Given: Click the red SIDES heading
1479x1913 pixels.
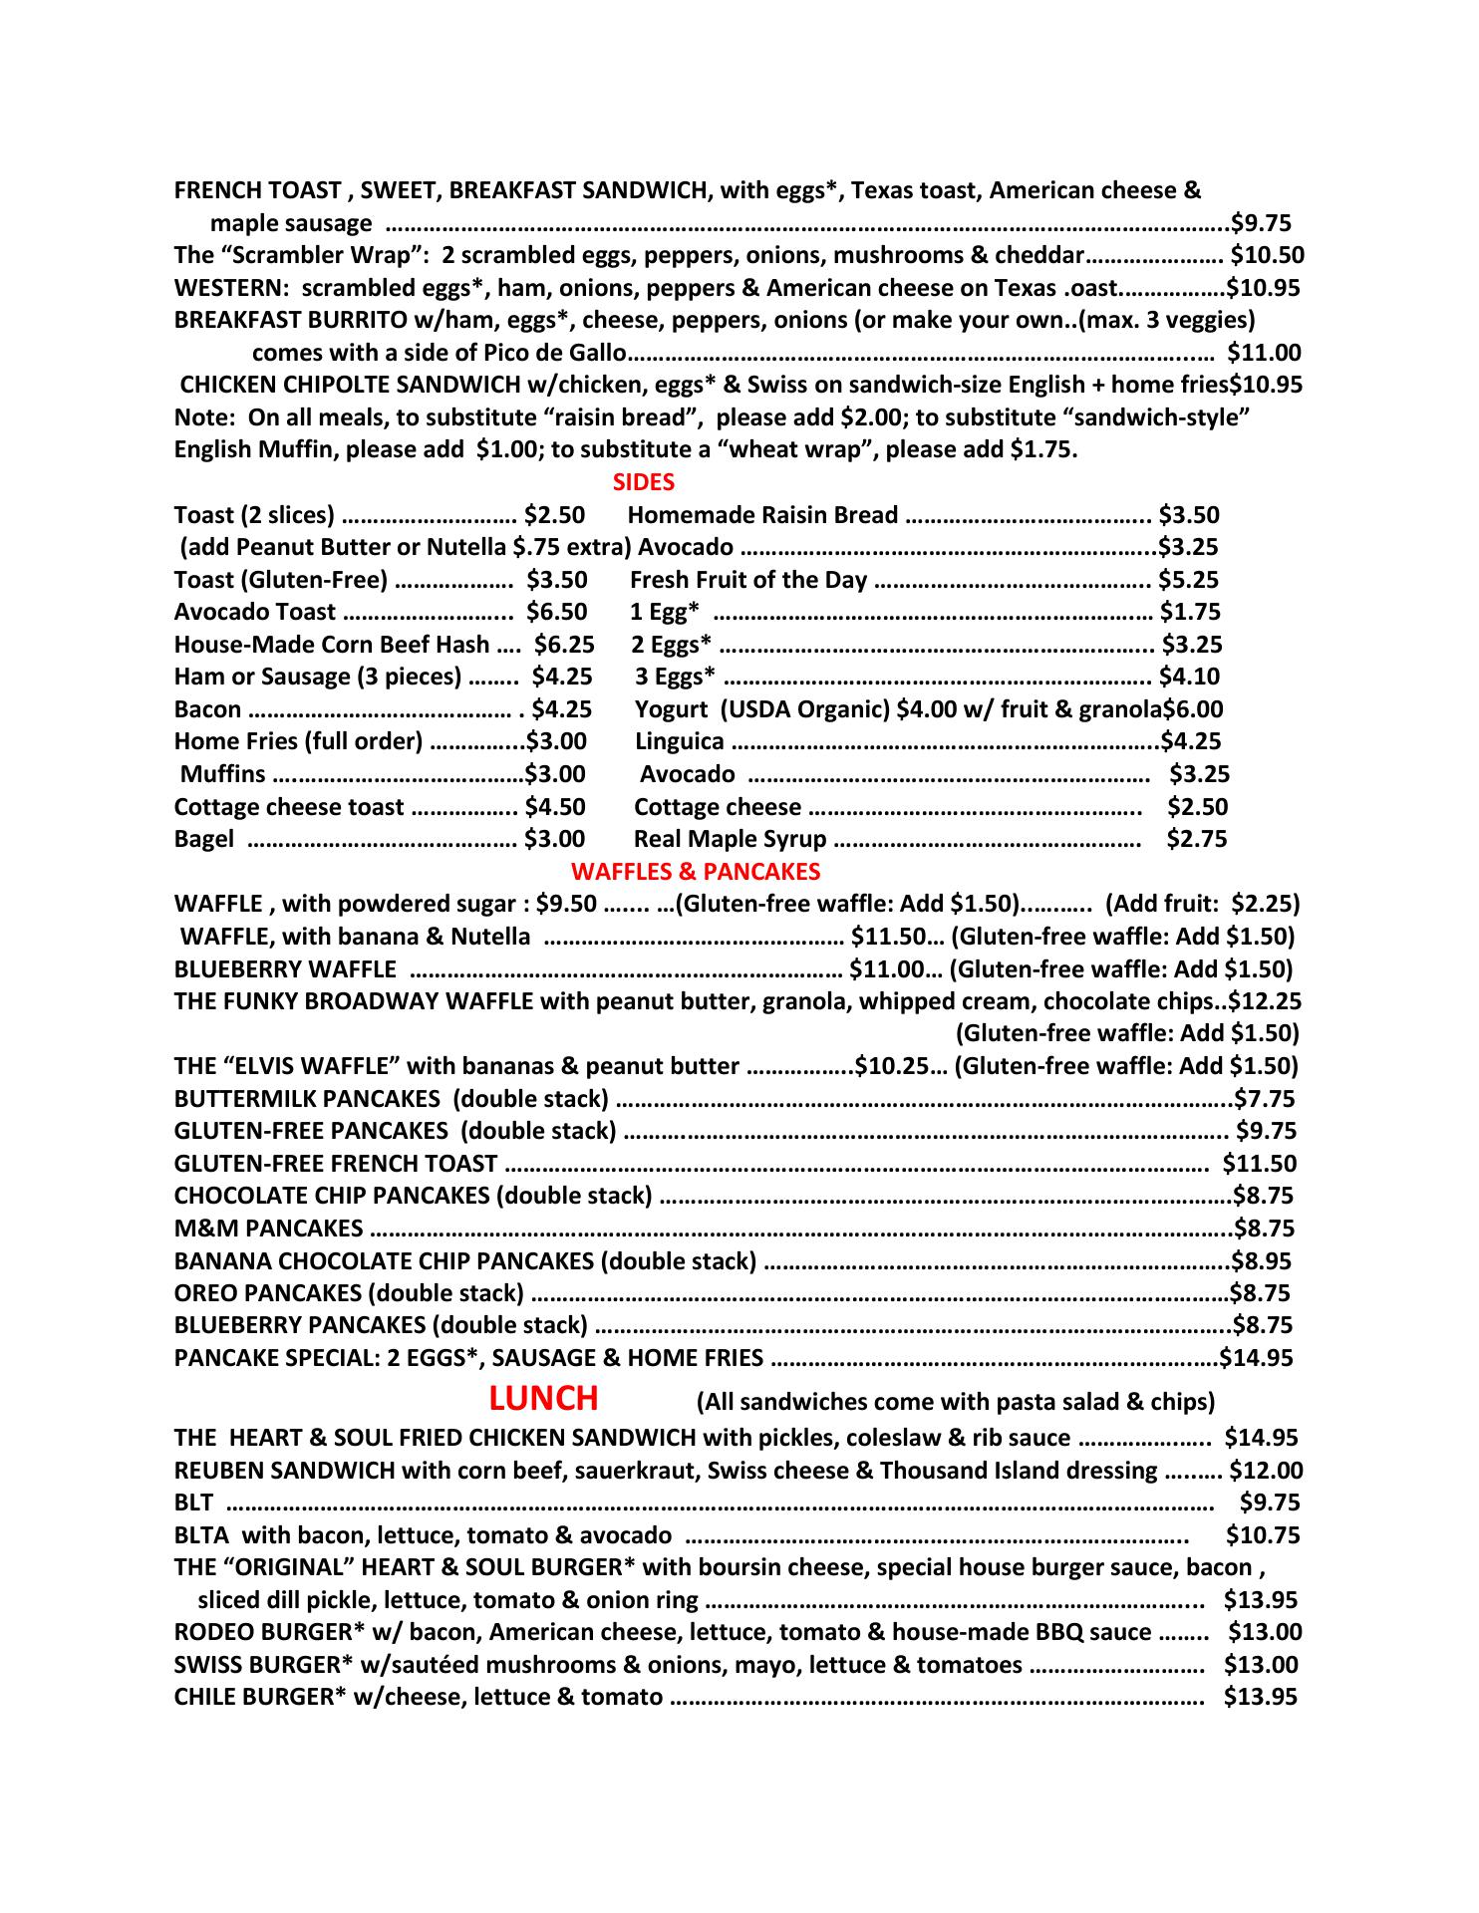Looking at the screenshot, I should [643, 483].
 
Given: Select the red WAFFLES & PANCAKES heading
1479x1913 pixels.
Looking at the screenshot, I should [696, 872].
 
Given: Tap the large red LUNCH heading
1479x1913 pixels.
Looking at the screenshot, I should [543, 1399].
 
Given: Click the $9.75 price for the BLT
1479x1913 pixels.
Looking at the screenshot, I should [1270, 1503].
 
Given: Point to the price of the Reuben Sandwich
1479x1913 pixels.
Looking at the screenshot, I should [1266, 1471].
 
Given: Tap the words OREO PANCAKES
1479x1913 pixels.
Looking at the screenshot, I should [268, 1293].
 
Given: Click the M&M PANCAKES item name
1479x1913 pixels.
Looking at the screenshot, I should [268, 1229].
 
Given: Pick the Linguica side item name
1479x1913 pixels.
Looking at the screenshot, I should [680, 741].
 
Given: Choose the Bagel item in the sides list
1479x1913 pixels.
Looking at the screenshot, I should [204, 839].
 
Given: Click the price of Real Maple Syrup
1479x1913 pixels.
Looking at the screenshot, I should [1197, 839].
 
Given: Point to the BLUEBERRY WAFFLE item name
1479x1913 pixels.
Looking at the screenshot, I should [285, 969].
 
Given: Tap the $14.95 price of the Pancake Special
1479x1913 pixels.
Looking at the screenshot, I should [1257, 1358].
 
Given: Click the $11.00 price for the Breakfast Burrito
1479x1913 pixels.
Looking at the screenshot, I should [1264, 353].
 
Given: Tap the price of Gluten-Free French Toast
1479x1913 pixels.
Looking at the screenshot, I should [1260, 1164].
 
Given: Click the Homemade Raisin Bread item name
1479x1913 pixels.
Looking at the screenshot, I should [763, 515].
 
